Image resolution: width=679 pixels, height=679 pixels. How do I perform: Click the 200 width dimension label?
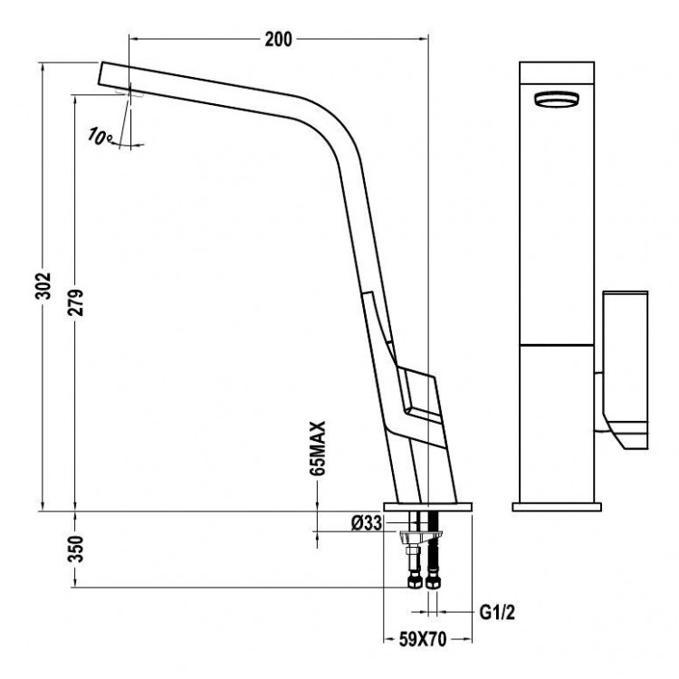[278, 39]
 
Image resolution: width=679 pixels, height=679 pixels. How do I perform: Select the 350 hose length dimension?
[77, 549]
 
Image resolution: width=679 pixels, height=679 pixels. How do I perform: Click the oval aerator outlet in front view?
[556, 100]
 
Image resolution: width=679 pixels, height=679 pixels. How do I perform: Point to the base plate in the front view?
[556, 505]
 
